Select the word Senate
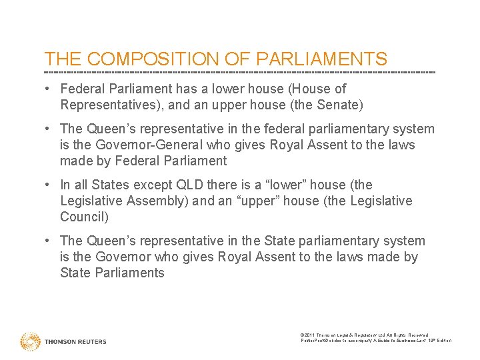[337, 105]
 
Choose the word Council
[83, 217]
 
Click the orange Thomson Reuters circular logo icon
[30, 341]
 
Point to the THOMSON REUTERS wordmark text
[75, 342]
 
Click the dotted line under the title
[240, 72]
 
